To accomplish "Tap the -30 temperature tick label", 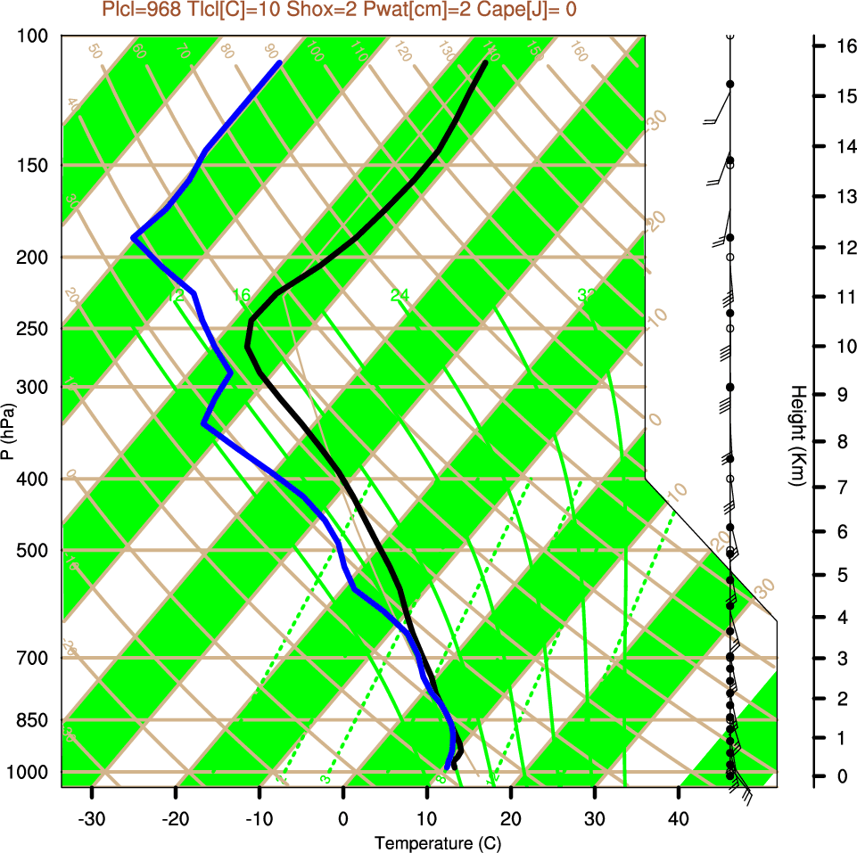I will tap(92, 816).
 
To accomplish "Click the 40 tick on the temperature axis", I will tap(679, 816).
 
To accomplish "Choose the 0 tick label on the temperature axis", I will tap(343, 816).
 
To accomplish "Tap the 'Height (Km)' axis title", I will tap(798, 436).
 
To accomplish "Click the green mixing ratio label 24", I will tap(400, 295).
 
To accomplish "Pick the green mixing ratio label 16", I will tap(242, 295).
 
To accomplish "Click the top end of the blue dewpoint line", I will tap(280, 62).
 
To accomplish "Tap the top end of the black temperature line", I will tap(485, 62).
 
